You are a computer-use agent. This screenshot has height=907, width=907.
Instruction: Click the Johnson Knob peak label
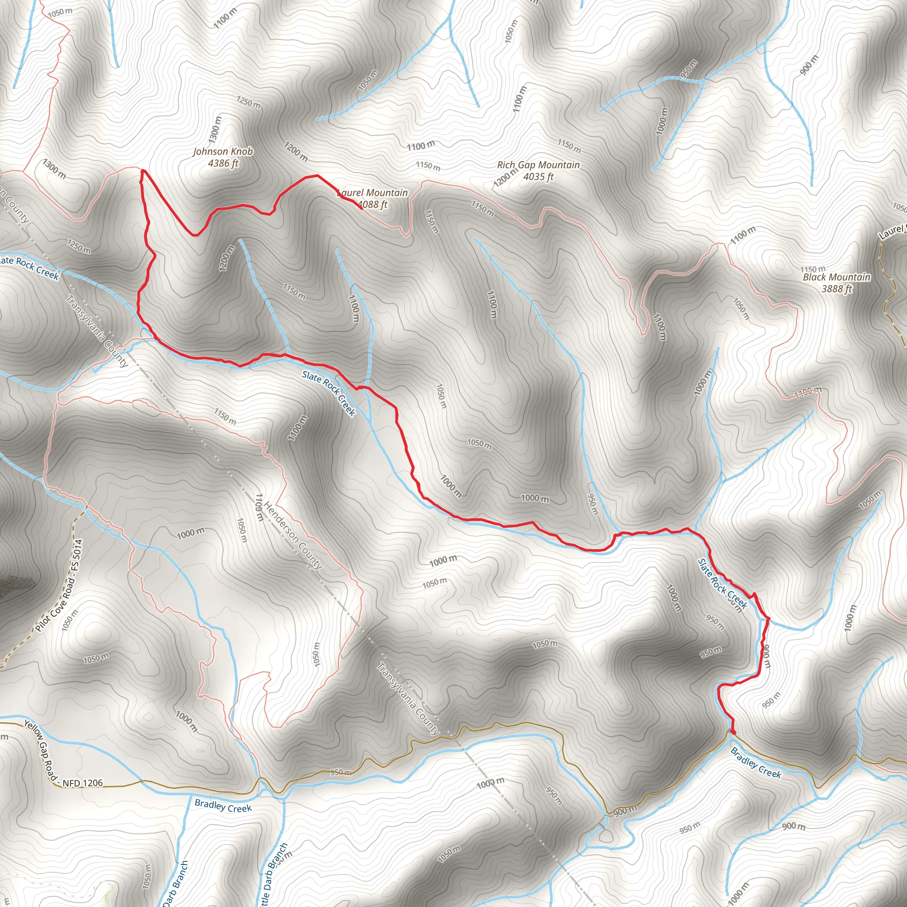click(x=223, y=151)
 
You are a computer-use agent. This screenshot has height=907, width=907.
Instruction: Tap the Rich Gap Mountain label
click(x=539, y=165)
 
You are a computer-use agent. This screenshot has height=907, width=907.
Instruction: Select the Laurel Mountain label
click(x=373, y=193)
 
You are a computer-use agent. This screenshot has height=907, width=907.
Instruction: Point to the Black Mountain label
click(x=837, y=277)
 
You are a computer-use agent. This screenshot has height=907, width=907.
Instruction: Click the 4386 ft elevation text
click(x=224, y=163)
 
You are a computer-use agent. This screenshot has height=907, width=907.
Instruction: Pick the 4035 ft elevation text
click(x=539, y=177)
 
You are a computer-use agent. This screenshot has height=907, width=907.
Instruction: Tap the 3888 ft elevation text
click(x=837, y=289)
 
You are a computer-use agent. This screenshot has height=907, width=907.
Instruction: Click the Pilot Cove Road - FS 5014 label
click(x=59, y=585)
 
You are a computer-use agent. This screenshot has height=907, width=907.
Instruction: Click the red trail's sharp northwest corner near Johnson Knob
click(x=142, y=171)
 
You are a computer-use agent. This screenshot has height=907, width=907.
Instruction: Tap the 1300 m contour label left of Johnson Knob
click(x=54, y=169)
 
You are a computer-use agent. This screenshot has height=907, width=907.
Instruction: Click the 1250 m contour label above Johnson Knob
click(x=248, y=102)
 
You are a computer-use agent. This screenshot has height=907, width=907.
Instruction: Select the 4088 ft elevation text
click(x=373, y=204)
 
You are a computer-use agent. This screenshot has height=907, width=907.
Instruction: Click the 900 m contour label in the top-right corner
click(x=808, y=65)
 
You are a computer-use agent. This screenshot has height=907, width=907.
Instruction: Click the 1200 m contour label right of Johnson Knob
click(x=296, y=151)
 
